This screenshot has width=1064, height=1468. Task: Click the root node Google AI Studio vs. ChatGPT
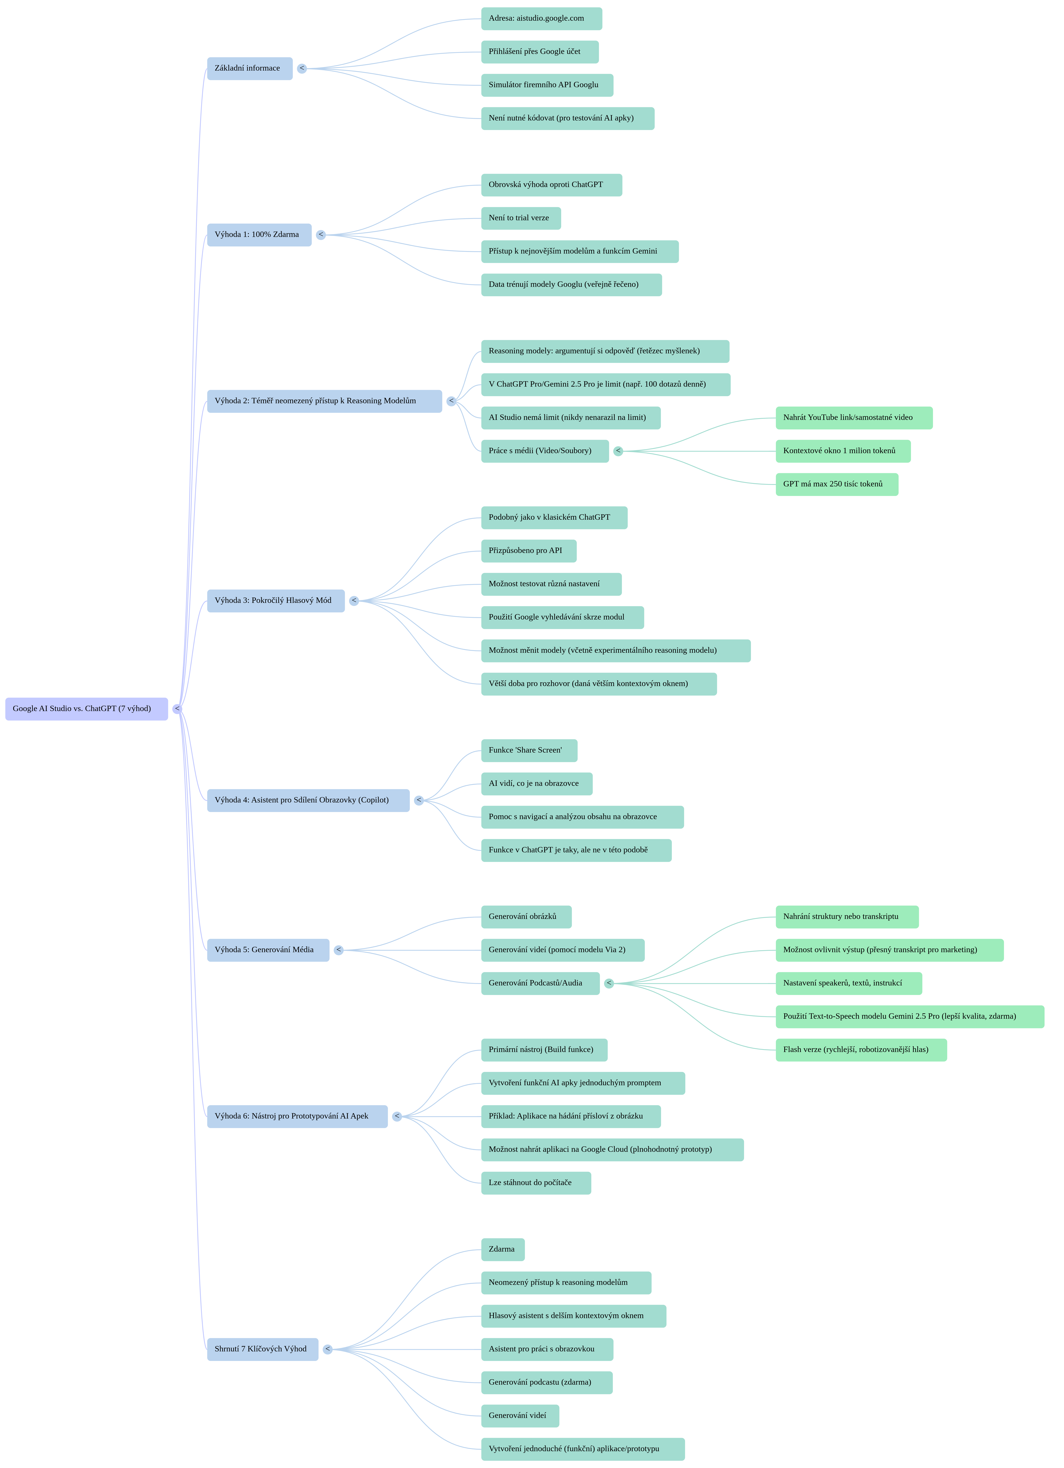coord(86,709)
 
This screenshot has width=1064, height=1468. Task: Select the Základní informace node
coord(249,69)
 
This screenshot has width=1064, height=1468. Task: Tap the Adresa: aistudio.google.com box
coord(541,19)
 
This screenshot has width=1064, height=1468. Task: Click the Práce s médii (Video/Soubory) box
coord(544,451)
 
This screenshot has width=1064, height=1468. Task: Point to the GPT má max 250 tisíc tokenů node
coord(836,484)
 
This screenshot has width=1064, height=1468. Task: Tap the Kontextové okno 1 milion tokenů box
coord(843,451)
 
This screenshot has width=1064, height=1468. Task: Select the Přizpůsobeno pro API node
coord(528,551)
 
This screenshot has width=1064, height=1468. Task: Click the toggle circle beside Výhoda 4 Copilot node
coord(419,801)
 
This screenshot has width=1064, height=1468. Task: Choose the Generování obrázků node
coord(526,917)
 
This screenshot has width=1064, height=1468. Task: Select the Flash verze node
coord(861,1050)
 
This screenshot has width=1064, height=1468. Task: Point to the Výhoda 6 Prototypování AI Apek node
coord(297,1116)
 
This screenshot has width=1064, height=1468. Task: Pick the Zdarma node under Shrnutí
coord(502,1249)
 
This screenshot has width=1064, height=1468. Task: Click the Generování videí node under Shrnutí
coord(520,1416)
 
